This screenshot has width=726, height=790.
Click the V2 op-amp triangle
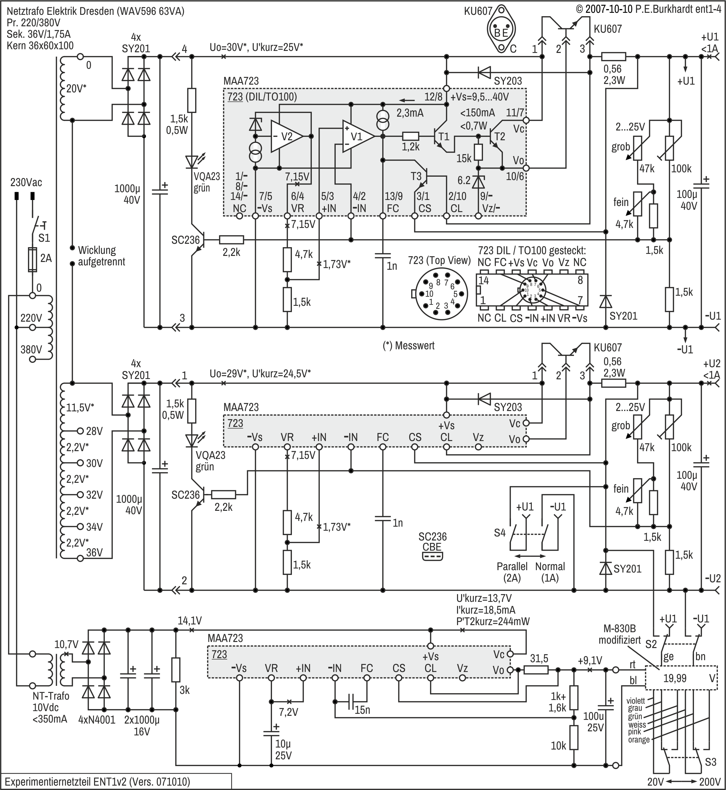286,136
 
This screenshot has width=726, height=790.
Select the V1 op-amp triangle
357,136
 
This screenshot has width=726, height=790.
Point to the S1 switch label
44,238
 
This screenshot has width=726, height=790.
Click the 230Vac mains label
26,182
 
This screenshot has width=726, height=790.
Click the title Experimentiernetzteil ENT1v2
97,781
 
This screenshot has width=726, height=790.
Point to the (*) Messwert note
409,346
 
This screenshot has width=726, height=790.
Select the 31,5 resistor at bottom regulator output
536,670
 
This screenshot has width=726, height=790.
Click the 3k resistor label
184,690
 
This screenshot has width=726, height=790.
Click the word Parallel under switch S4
512,566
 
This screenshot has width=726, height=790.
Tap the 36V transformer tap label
94,553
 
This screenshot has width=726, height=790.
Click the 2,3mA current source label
410,113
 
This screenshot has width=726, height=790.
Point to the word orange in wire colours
638,739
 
